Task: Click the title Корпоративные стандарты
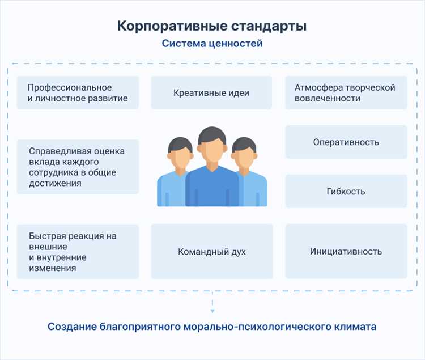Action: pos(212,26)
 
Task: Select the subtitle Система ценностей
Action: pos(212,44)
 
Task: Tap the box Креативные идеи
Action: pos(211,92)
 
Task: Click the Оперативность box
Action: pos(346,142)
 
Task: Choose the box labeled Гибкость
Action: pos(346,191)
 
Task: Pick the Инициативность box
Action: pos(346,251)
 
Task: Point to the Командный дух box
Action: pos(211,251)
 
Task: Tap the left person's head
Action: pos(178,153)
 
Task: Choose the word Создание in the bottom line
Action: pos(71,327)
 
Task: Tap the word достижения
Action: pos(55,183)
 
